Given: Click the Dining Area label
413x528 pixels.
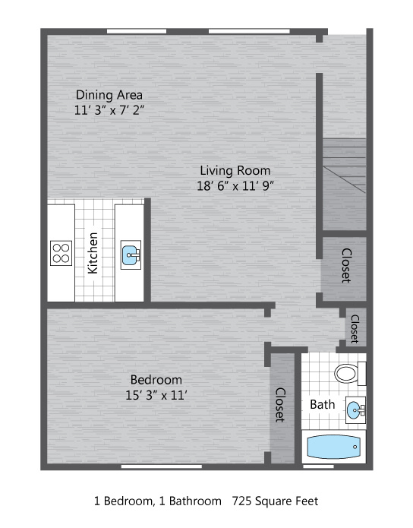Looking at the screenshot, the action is tap(109, 95).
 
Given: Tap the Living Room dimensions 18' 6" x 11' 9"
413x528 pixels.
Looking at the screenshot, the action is tap(235, 185).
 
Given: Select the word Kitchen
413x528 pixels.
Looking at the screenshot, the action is tap(93, 253).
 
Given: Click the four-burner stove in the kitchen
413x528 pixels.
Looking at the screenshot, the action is tap(61, 253).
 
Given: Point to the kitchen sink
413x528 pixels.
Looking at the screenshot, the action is tap(131, 255).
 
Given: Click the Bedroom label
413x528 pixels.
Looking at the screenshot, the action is tap(156, 380).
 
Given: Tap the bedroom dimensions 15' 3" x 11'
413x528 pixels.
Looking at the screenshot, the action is tap(156, 395).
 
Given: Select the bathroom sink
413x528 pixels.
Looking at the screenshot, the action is tap(355, 410).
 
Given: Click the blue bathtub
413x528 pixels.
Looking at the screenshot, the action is tap(333, 447).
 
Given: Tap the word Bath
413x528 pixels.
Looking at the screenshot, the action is tap(323, 404).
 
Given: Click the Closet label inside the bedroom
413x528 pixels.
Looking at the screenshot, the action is tap(281, 405).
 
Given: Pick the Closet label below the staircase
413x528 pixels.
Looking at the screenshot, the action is tap(347, 266).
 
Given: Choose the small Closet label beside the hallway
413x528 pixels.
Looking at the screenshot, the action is tap(355, 329).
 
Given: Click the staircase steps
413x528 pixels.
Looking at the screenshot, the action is tap(345, 166).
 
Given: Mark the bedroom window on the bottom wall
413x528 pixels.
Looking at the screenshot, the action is tap(162, 466).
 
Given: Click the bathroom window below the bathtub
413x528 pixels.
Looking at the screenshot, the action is tap(318, 466).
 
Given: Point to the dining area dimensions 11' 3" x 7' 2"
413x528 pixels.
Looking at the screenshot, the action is tap(109, 110).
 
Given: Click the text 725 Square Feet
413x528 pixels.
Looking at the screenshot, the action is tap(275, 501).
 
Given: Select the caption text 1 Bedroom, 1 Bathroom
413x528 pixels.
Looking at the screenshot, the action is tap(157, 501).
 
